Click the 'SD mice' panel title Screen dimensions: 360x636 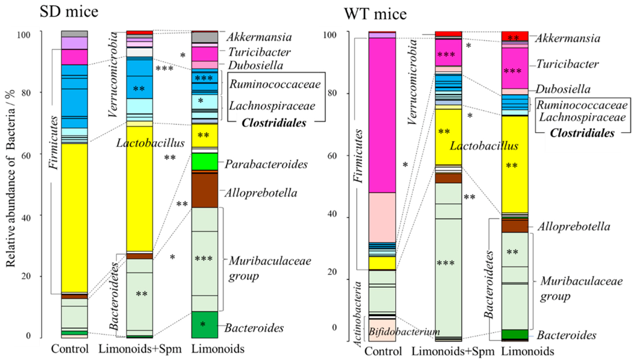69,12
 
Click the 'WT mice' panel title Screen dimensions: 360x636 375,14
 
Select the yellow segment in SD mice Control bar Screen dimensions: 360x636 74,217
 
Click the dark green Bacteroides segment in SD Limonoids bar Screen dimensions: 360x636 204,324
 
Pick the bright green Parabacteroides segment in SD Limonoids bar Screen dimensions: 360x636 204,161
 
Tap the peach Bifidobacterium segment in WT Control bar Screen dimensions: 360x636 382,330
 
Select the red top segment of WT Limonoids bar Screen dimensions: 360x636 515,36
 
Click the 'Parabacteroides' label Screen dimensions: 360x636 266,164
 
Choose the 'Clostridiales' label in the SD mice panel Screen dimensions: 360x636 274,123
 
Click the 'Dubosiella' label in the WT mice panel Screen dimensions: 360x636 563,89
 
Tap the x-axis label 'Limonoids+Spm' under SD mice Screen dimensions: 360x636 140,349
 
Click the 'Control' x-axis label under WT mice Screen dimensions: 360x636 383,351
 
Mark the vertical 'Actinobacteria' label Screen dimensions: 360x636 358,314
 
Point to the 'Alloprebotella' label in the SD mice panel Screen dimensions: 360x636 261,193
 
